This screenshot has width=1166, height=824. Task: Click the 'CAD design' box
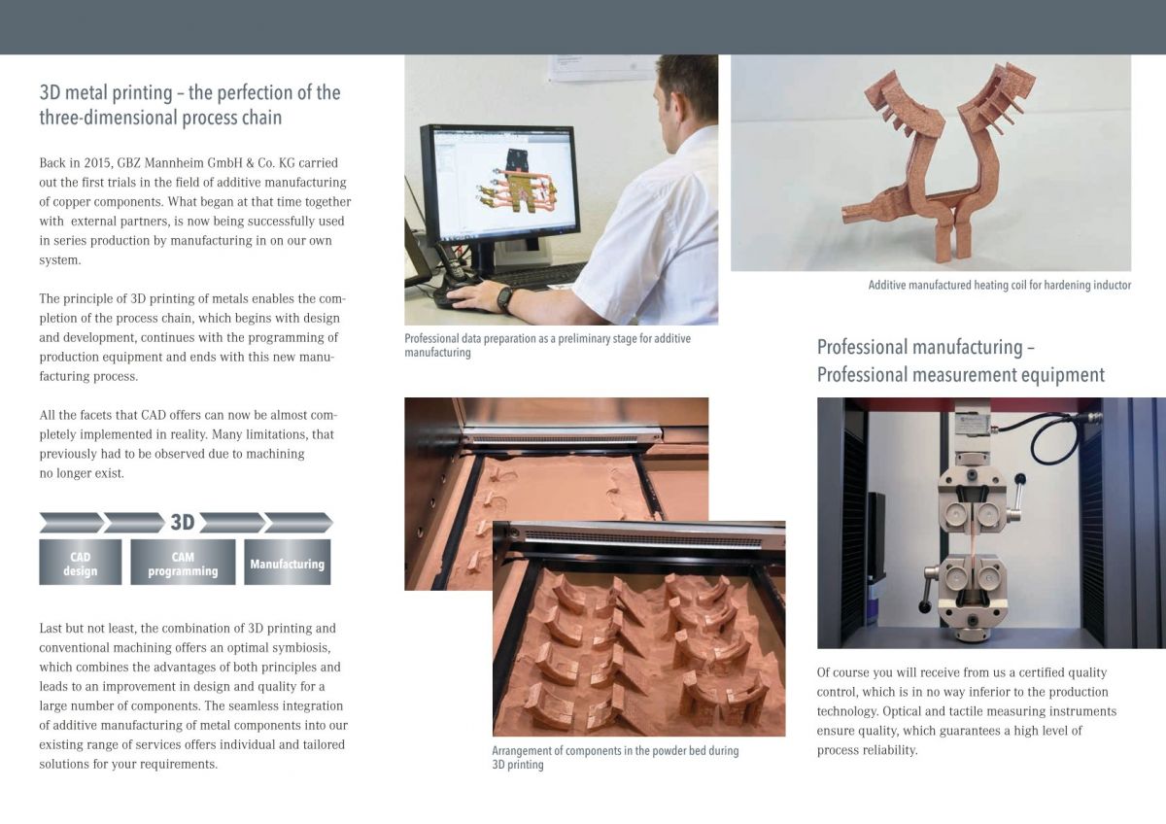click(x=80, y=563)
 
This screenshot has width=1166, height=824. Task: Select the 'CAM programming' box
click(x=183, y=563)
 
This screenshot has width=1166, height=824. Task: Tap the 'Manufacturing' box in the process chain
click(x=288, y=563)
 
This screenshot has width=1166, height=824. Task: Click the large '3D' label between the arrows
click(x=183, y=522)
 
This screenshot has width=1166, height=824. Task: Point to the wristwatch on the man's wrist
click(x=504, y=299)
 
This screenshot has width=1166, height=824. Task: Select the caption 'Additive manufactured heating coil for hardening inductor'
click(x=1000, y=286)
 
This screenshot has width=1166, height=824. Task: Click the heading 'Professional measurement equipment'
click(x=960, y=375)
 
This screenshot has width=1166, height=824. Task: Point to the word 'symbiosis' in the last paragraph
click(x=303, y=647)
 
